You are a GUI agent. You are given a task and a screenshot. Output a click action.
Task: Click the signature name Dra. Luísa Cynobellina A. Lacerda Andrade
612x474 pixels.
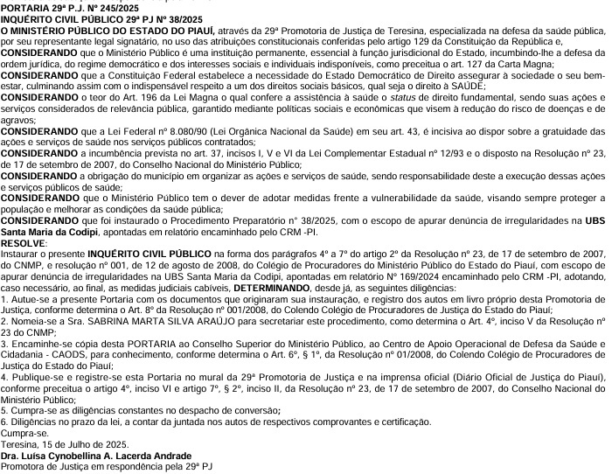(x=97, y=456)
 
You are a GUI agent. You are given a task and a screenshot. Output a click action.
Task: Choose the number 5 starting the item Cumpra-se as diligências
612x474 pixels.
(x=3, y=412)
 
